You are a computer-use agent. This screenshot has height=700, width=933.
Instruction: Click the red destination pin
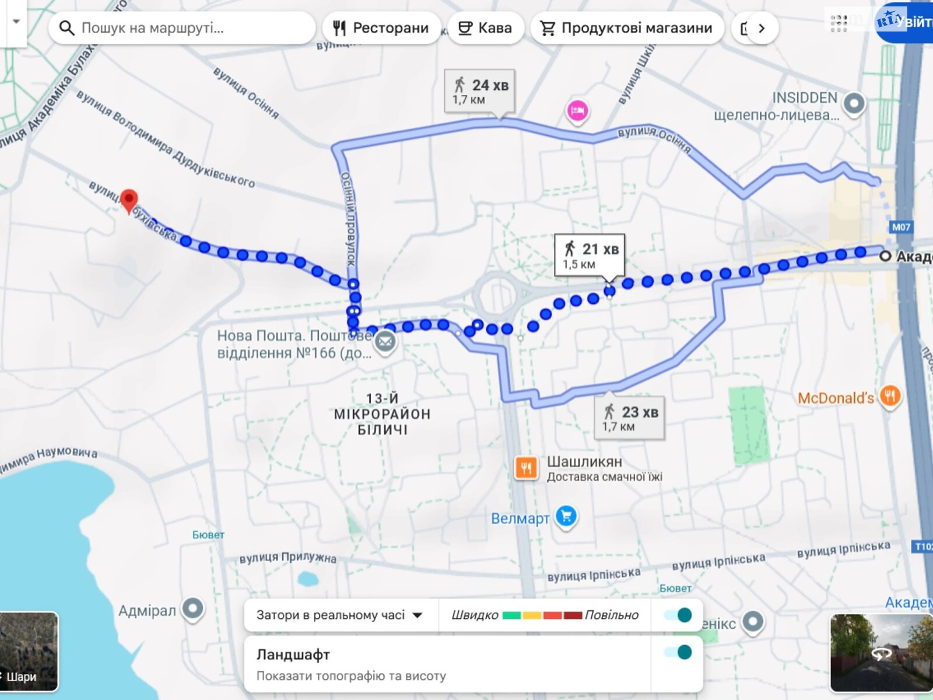pyautogui.click(x=129, y=200)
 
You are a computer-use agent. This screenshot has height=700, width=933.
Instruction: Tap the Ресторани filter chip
pyautogui.click(x=381, y=28)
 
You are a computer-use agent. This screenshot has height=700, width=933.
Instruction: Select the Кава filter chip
pyautogui.click(x=485, y=28)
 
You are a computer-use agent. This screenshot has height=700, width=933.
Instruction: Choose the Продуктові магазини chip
pyautogui.click(x=627, y=28)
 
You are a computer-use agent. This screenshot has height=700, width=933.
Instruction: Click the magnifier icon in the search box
pyautogui.click(x=67, y=28)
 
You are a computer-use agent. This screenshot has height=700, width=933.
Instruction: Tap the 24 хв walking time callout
pyautogui.click(x=480, y=91)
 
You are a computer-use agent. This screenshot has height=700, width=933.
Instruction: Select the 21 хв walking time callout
pyautogui.click(x=590, y=255)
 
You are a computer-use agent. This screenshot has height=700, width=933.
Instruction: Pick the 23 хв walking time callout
pyautogui.click(x=630, y=418)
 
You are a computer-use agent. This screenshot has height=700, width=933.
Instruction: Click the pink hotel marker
pyautogui.click(x=577, y=110)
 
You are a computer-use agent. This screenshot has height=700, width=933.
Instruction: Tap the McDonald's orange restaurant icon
pyautogui.click(x=890, y=397)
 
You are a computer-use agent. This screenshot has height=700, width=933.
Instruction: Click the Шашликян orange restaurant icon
pyautogui.click(x=526, y=467)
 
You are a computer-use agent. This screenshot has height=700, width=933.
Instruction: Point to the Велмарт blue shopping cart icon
pyautogui.click(x=566, y=516)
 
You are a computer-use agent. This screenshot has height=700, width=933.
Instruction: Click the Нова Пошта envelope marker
pyautogui.click(x=385, y=342)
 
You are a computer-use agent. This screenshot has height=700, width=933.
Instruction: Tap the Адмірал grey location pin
pyautogui.click(x=192, y=608)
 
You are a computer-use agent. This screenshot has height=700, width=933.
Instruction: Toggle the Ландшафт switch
pyautogui.click(x=678, y=653)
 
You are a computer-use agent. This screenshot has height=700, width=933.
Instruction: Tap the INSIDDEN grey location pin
pyautogui.click(x=854, y=104)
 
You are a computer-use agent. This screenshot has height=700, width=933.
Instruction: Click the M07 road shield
pyautogui.click(x=901, y=227)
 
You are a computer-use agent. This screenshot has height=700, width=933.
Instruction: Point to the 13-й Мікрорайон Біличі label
pyautogui.click(x=382, y=414)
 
